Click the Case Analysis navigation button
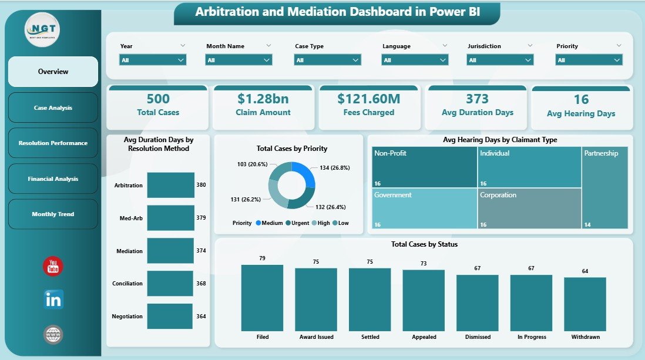(53, 107)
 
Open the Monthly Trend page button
(53, 214)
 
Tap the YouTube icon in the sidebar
(53, 266)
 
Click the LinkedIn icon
(53, 300)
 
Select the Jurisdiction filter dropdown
(500, 60)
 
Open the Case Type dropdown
(328, 60)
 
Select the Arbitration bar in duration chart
(170, 185)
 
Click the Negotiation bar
(170, 316)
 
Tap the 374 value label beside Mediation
(201, 251)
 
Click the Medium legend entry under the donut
(271, 223)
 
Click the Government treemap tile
(424, 208)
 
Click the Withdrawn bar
(585, 304)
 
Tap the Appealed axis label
(424, 337)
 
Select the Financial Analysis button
(53, 179)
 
